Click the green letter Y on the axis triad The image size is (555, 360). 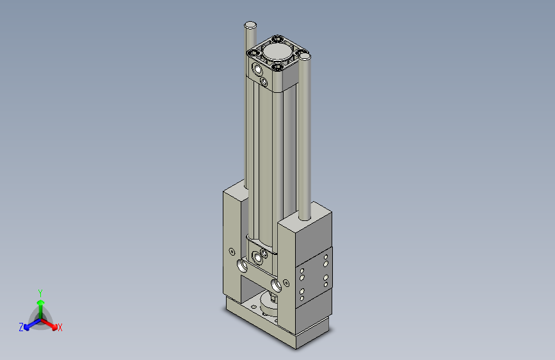click(40, 292)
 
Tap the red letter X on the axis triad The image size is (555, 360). click(60, 328)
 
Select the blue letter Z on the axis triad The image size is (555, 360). click(21, 327)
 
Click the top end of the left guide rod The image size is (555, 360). click(250, 25)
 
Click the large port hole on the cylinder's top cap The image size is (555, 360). click(257, 69)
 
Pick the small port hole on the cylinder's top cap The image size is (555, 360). click(264, 81)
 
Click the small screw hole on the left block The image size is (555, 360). click(231, 250)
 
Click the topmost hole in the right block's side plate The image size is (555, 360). click(326, 258)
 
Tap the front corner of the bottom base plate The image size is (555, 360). click(296, 346)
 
